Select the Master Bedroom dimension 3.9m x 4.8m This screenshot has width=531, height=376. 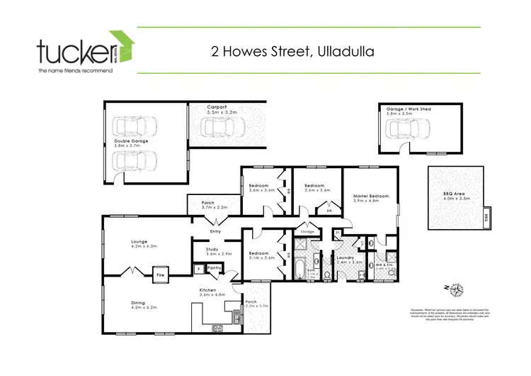pos(366,201)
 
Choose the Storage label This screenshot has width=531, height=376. pos(307,231)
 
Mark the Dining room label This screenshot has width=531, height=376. pos(138,303)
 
